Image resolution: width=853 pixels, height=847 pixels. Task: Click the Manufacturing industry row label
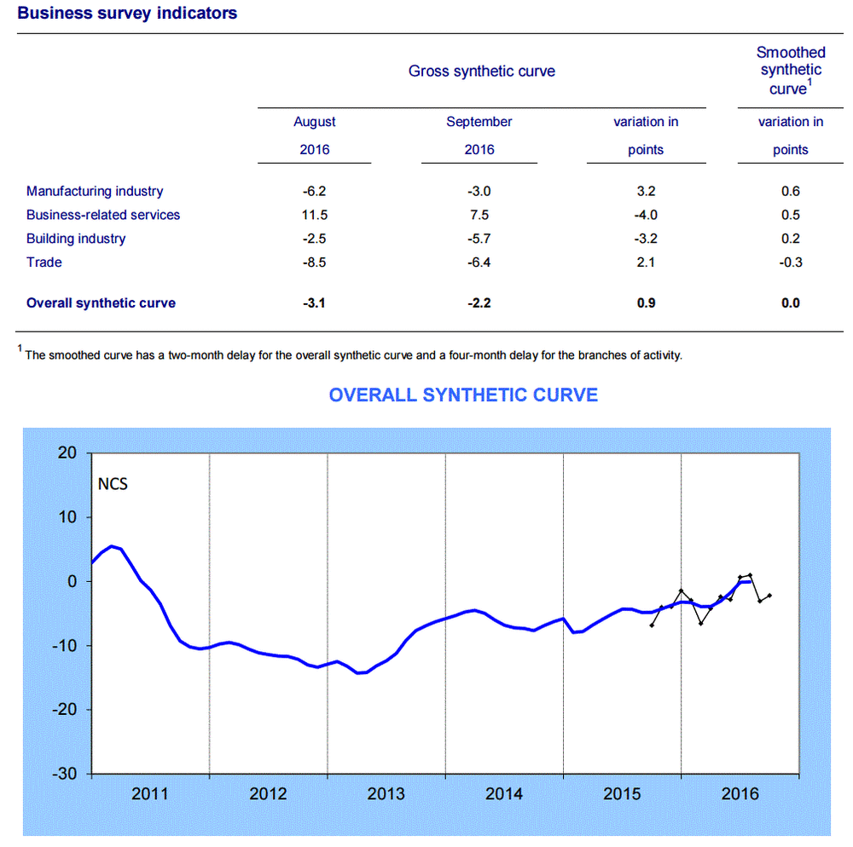point(95,192)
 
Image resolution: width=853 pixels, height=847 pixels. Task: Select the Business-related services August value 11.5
point(315,215)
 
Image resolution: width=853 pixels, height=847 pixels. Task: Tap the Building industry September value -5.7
point(479,239)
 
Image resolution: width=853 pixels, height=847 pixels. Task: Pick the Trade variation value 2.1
point(646,262)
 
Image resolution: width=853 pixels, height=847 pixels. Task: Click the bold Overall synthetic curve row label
point(101,302)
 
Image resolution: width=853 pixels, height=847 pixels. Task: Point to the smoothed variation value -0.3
point(790,262)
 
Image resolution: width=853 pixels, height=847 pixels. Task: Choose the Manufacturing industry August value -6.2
point(315,192)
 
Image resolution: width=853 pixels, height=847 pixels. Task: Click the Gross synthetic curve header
point(481,72)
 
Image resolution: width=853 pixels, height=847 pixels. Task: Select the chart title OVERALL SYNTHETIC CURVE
point(463,395)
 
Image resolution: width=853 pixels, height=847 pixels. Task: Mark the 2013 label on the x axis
point(386,795)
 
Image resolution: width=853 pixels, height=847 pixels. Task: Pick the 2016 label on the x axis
point(740,795)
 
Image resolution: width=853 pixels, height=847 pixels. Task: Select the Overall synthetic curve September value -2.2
point(479,302)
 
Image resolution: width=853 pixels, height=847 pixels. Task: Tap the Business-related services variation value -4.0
point(646,215)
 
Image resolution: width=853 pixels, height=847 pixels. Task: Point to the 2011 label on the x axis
point(150,795)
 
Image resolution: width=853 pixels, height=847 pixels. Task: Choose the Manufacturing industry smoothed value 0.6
point(790,192)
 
